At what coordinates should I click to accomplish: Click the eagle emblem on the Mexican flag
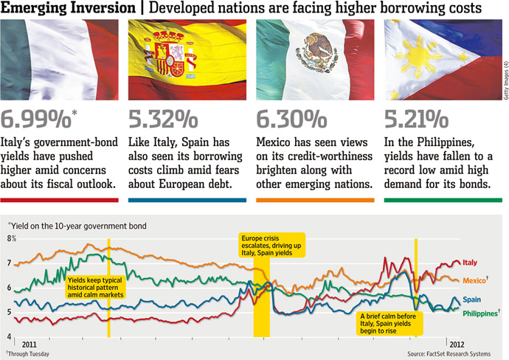pos(319,49)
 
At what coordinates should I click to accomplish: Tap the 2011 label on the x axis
pos(30,344)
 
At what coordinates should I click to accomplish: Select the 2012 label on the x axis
pos(457,344)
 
